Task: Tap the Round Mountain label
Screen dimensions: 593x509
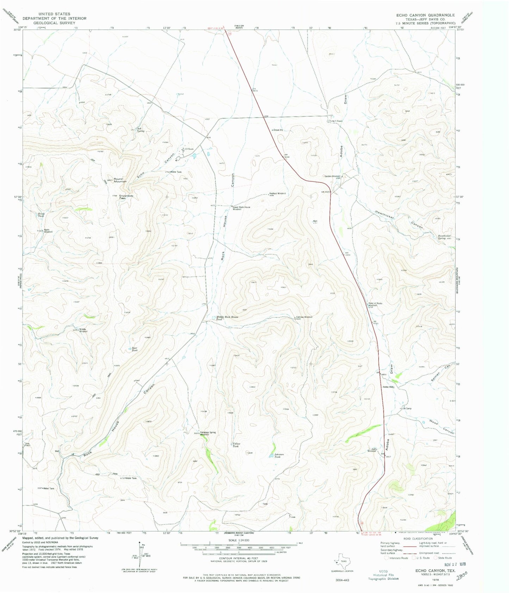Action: pos(118,180)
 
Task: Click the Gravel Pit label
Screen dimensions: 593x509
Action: pos(278,130)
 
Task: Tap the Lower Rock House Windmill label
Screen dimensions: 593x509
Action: pos(241,208)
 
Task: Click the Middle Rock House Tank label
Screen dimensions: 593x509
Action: pos(227,318)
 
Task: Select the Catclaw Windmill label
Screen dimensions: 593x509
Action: pos(304,317)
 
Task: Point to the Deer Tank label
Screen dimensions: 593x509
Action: pos(134,349)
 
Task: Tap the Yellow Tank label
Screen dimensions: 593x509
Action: pos(236,445)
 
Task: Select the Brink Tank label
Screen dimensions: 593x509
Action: pos(42,215)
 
